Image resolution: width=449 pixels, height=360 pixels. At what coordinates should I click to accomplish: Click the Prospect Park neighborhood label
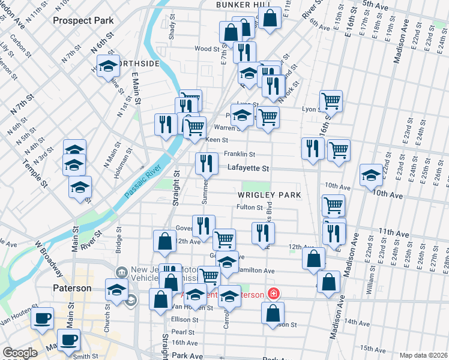83,20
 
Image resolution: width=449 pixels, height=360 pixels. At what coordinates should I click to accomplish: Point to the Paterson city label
70,288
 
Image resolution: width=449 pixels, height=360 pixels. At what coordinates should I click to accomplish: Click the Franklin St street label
240,154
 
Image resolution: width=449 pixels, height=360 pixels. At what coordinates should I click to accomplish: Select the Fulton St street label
250,208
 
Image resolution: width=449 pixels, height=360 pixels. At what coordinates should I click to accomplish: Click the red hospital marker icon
273,294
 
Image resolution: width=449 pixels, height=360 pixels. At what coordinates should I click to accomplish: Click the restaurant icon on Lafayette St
206,162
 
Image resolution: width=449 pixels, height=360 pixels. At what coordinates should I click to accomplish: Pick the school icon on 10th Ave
371,175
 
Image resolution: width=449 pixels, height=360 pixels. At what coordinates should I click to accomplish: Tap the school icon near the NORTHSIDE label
107,67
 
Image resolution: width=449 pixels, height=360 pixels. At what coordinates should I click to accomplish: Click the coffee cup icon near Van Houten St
42,318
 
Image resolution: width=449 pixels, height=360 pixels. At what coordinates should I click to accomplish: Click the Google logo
20,353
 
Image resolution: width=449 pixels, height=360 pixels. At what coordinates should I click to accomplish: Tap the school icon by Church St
116,290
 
